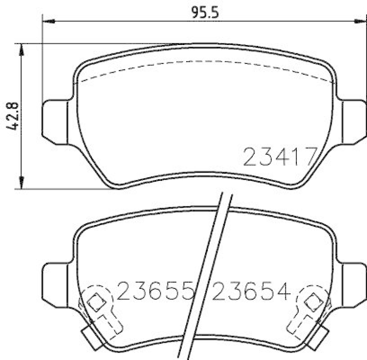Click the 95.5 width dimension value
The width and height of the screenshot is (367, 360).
pos(205,12)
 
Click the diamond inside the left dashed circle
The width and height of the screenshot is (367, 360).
pos(96,302)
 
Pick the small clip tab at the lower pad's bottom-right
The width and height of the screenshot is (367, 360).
pos(320,338)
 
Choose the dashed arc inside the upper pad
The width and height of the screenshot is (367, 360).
pos(206,62)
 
